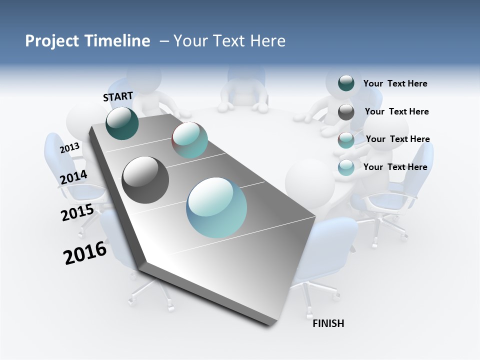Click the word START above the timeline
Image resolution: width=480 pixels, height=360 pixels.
(118, 96)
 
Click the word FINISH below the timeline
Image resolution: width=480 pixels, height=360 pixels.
(328, 323)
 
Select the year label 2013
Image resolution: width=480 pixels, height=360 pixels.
(69, 148)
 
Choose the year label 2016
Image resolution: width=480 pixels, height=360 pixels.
(85, 253)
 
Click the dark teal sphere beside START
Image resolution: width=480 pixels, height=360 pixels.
(122, 123)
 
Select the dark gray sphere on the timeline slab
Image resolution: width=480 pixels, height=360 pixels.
(145, 179)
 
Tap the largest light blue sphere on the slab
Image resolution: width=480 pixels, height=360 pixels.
(216, 207)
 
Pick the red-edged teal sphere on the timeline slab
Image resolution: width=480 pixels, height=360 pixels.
(189, 140)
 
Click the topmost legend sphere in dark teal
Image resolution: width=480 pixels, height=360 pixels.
(346, 83)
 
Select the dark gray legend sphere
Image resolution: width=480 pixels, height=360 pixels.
(346, 112)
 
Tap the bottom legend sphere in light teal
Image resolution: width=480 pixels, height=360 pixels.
(346, 167)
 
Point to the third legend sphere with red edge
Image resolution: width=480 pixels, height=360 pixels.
(346, 140)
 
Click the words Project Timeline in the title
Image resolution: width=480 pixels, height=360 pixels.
(87, 41)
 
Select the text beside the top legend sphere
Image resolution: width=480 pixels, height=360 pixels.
(395, 83)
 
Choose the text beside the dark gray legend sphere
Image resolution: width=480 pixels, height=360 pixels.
(396, 111)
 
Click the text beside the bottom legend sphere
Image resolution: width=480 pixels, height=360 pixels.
(395, 167)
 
